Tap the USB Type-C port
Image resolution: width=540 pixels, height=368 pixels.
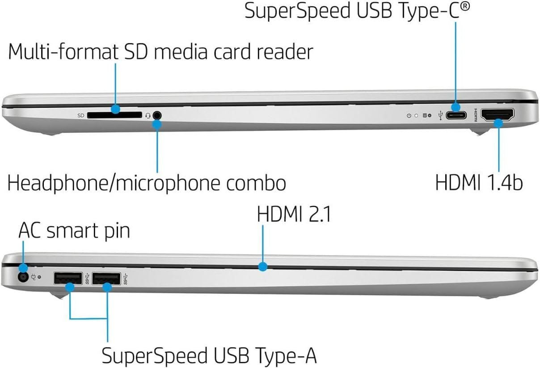pos(456,115)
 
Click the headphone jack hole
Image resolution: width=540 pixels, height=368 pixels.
pos(157,115)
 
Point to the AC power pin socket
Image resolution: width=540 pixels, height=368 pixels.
pos(23,277)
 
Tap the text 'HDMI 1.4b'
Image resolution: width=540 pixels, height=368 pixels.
pos(479,182)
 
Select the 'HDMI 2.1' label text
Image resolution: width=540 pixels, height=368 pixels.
pos(294,215)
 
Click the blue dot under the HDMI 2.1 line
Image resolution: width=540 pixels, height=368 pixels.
pos(263,267)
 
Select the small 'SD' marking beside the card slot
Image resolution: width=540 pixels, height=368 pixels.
pos(81,115)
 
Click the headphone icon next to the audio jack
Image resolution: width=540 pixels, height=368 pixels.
pos(148,115)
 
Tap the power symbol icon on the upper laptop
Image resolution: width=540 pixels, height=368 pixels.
pos(409,115)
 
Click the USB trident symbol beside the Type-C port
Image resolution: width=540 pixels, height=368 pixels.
pos(441,115)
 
